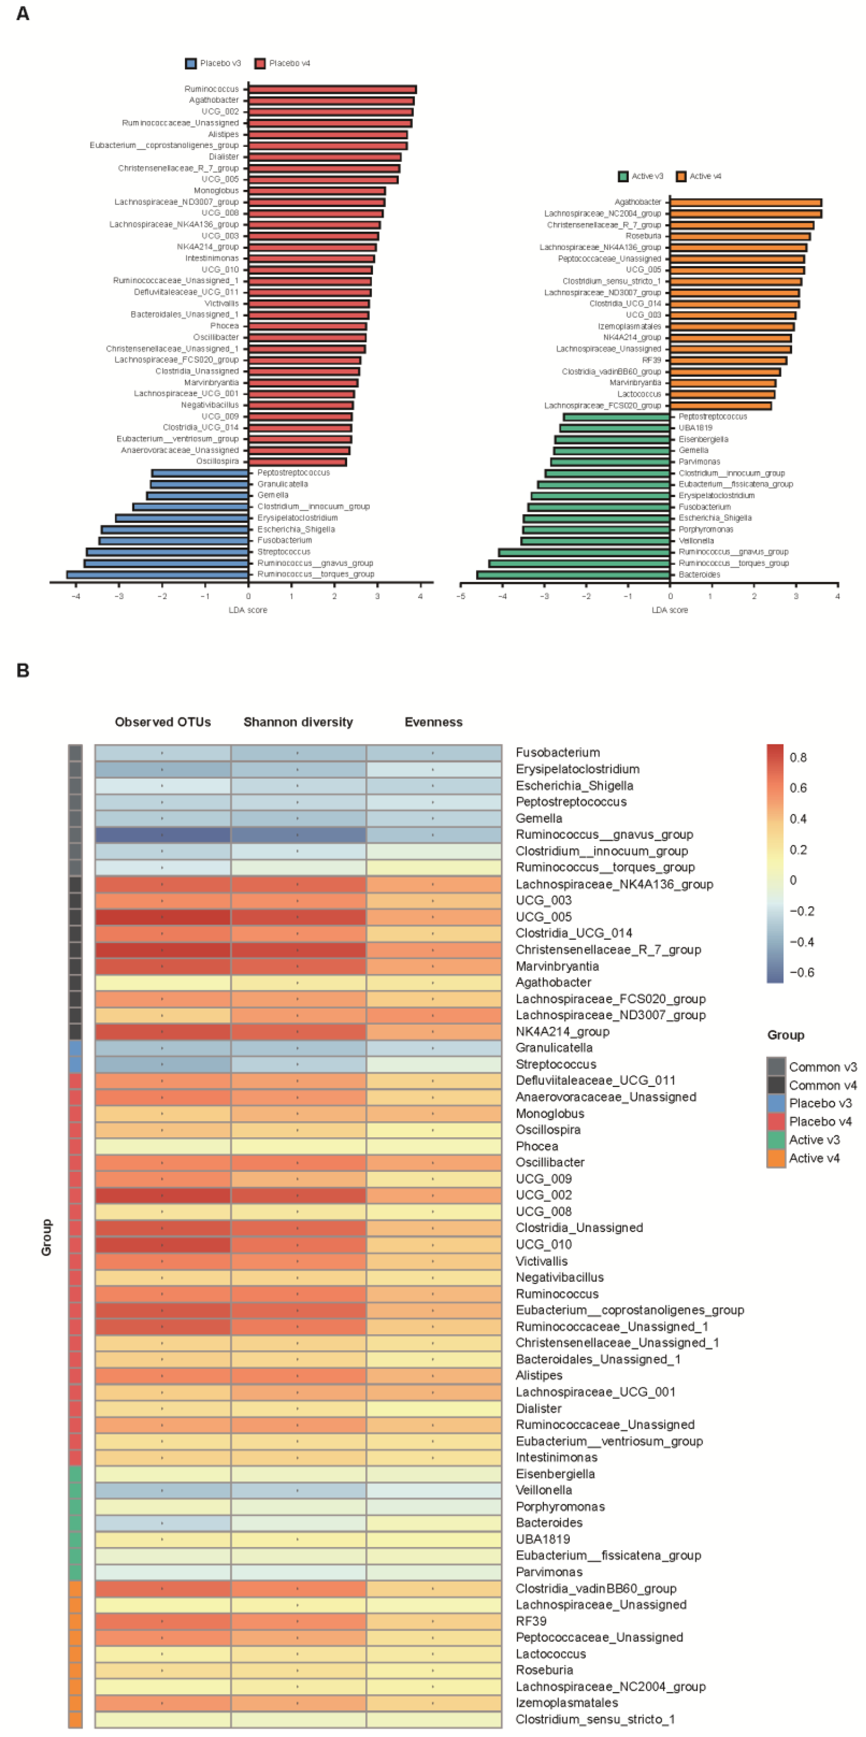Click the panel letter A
coord(22,14)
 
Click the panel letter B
coord(22,670)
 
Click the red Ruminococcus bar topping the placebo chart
coord(332,89)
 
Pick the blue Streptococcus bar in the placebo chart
coord(167,552)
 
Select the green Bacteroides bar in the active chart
coord(573,575)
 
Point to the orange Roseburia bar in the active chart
coord(740,236)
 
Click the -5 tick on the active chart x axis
coord(461,596)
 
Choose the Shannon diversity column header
coord(298,722)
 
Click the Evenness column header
coord(434,722)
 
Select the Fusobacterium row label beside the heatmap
coord(557,753)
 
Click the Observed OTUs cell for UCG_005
coord(163,917)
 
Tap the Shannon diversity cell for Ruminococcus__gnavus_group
coord(298,835)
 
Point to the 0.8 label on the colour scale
coord(798,757)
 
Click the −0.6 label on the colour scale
coord(801,972)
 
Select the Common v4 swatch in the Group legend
coord(776,1085)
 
